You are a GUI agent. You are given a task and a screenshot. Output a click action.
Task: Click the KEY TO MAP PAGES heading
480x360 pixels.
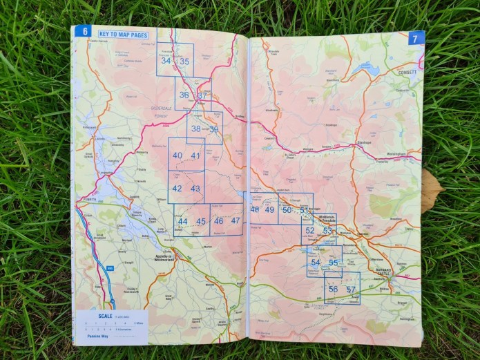coord(123,35)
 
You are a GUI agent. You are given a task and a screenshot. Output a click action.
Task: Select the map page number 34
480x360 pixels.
coord(166,61)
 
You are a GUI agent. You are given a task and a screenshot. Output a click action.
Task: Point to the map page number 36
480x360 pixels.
coord(184,95)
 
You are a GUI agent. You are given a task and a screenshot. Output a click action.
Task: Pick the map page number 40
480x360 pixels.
coord(177,155)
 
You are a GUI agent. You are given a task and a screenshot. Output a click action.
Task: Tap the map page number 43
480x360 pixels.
coord(195,189)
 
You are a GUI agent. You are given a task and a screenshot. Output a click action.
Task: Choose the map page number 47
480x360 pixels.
coord(236,221)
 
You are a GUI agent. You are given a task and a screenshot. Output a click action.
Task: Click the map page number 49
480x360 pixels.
coord(269,210)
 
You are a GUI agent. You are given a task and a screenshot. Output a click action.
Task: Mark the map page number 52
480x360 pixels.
coord(310,231)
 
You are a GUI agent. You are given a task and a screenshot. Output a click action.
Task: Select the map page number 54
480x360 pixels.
coord(316,263)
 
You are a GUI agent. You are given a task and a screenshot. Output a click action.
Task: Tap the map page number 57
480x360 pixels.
coord(351,290)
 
